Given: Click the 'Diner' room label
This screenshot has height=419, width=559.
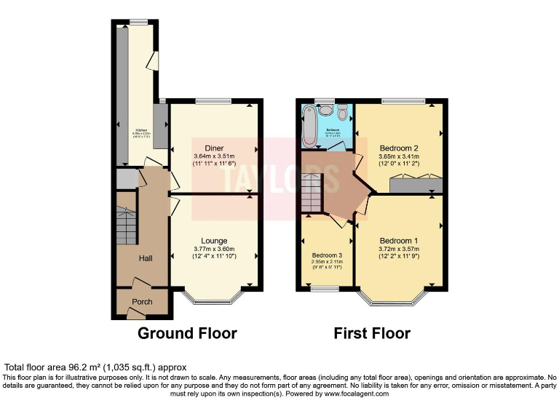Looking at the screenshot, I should pyautogui.click(x=214, y=148).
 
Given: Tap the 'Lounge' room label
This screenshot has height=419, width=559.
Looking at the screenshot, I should pyautogui.click(x=214, y=241).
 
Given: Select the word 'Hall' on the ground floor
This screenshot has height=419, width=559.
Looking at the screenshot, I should pyautogui.click(x=146, y=258).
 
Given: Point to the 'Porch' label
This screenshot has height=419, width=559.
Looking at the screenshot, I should pyautogui.click(x=142, y=302).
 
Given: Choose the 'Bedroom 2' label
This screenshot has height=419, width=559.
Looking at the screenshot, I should pyautogui.click(x=399, y=146).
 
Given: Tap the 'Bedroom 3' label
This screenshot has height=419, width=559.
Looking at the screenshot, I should pyautogui.click(x=327, y=255).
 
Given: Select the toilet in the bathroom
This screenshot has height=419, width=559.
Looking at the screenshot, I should pyautogui.click(x=342, y=112).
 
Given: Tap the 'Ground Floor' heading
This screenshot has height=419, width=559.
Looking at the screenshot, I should pyautogui.click(x=188, y=334).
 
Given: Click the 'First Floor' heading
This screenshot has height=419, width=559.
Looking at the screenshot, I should pyautogui.click(x=372, y=334).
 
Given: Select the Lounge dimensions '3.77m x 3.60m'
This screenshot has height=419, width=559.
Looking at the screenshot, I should pyautogui.click(x=214, y=249).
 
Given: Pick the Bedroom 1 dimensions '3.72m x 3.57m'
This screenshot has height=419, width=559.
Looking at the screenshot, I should pyautogui.click(x=398, y=249).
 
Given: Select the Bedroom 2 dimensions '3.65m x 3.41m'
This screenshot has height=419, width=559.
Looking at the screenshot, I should pyautogui.click(x=399, y=156).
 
